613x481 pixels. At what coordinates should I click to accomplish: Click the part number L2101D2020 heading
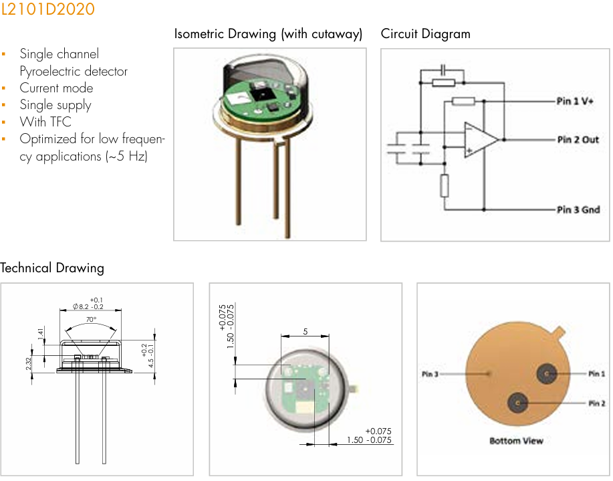click(x=47, y=9)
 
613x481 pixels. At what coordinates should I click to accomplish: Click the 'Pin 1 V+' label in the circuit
click(x=575, y=101)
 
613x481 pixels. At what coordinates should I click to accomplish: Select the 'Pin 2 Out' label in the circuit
click(x=578, y=140)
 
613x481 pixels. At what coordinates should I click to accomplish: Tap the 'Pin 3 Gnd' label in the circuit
click(x=578, y=209)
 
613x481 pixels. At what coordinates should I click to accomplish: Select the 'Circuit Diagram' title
click(x=425, y=34)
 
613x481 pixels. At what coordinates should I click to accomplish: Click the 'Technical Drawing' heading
click(x=52, y=268)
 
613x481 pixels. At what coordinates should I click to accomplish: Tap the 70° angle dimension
click(x=90, y=320)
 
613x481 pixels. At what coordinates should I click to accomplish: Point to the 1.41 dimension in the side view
click(x=41, y=333)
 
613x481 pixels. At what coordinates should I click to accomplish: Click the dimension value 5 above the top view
click(x=305, y=331)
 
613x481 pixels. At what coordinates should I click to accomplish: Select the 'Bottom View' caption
click(x=516, y=441)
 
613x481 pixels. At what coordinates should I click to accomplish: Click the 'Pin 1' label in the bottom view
click(x=597, y=374)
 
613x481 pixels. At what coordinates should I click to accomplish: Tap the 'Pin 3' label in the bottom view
click(x=430, y=374)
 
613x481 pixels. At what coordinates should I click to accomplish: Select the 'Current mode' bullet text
click(x=56, y=88)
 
